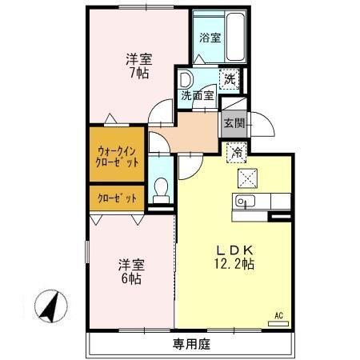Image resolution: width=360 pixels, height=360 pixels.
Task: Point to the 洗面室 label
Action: tap(196, 95)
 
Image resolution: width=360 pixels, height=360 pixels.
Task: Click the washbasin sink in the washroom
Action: tap(186, 79)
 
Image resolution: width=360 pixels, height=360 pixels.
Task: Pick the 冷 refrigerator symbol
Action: tap(237, 150)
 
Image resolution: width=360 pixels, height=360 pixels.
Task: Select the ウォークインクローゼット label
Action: tap(117, 155)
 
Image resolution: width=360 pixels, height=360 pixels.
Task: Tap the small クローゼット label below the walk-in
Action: tap(117, 198)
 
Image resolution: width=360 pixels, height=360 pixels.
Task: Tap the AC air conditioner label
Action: tap(279, 314)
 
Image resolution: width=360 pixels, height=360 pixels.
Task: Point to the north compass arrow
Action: tap(49, 305)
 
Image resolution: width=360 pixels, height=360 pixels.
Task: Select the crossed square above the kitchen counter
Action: tap(246, 177)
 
